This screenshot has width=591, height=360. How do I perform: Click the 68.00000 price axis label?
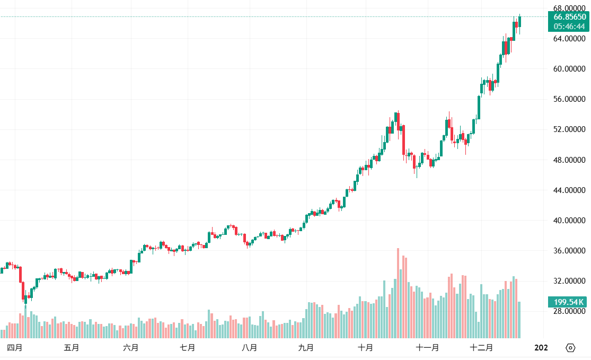[569, 8]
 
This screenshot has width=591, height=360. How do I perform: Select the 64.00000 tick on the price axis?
[569, 39]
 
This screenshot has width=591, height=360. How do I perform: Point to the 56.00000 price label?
[569, 99]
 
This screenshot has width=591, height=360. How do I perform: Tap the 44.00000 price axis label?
[569, 190]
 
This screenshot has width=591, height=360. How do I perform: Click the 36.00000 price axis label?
[569, 251]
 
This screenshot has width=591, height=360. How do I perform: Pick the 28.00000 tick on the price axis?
[569, 311]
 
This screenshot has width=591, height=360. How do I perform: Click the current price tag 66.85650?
[570, 17]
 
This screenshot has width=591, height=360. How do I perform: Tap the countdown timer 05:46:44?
[570, 26]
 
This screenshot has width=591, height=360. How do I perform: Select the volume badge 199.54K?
[569, 302]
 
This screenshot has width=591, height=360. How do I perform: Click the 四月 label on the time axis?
[15, 348]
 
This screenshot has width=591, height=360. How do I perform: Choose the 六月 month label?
[131, 348]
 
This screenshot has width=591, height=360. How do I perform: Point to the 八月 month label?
[249, 348]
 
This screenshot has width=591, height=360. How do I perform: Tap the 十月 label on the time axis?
[365, 348]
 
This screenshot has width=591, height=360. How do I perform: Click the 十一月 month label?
[427, 348]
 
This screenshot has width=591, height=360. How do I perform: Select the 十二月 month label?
[482, 348]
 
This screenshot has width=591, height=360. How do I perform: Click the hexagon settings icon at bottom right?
[570, 348]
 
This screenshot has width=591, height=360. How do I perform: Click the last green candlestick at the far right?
[520, 21]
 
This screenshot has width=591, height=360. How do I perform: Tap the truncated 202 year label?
[541, 348]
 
